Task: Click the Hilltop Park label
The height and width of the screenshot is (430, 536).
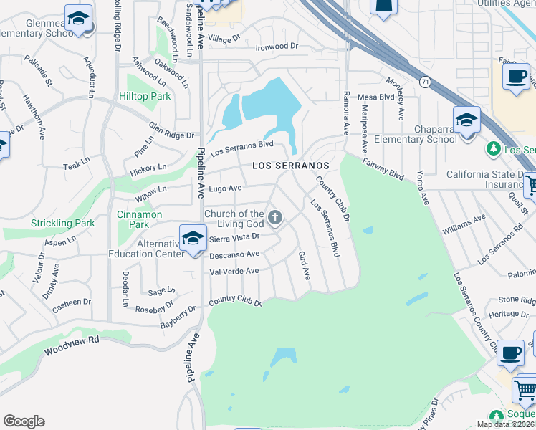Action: [x=145, y=96]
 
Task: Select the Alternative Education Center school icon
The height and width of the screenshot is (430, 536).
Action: [x=193, y=239]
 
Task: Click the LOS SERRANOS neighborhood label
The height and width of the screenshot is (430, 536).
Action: [x=291, y=166]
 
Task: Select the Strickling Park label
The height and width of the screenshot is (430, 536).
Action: [x=63, y=224]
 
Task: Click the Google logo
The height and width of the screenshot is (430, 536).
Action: [x=24, y=421]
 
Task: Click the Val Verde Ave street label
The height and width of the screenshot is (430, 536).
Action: [x=234, y=272]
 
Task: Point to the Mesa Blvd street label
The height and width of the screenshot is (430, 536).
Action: [x=376, y=97]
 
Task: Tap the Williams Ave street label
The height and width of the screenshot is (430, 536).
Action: [x=459, y=229]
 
